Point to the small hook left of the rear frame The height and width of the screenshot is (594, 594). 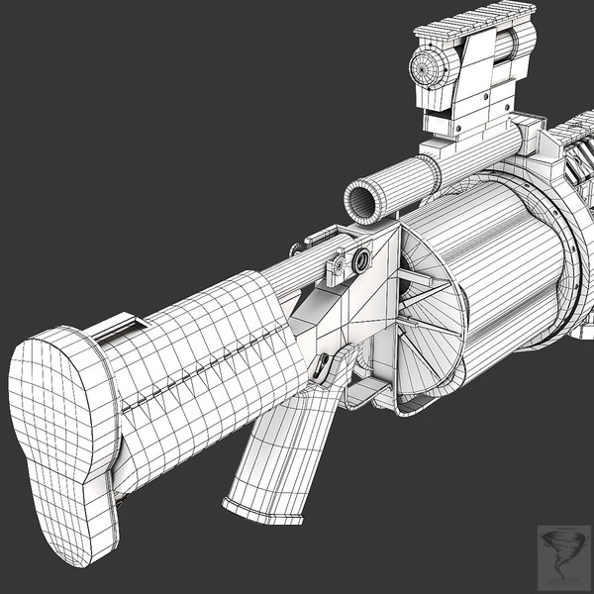[319, 239]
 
